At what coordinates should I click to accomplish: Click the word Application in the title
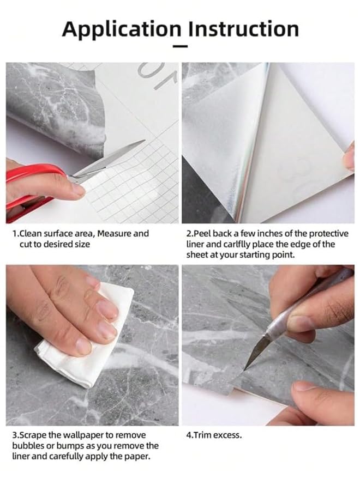click(122, 29)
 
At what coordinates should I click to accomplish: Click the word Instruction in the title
click(243, 29)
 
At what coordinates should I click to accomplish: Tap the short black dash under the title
click(180, 46)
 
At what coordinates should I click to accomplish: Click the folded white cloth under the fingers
click(89, 339)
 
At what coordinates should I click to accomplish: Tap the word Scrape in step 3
click(32, 435)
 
